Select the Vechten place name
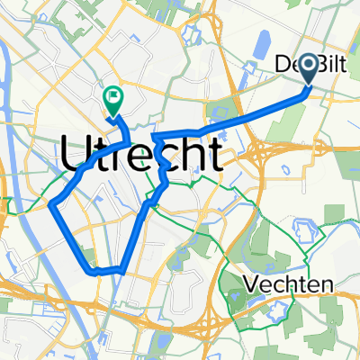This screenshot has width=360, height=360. tap(288, 284)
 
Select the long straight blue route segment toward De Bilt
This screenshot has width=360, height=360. tap(261, 112)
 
